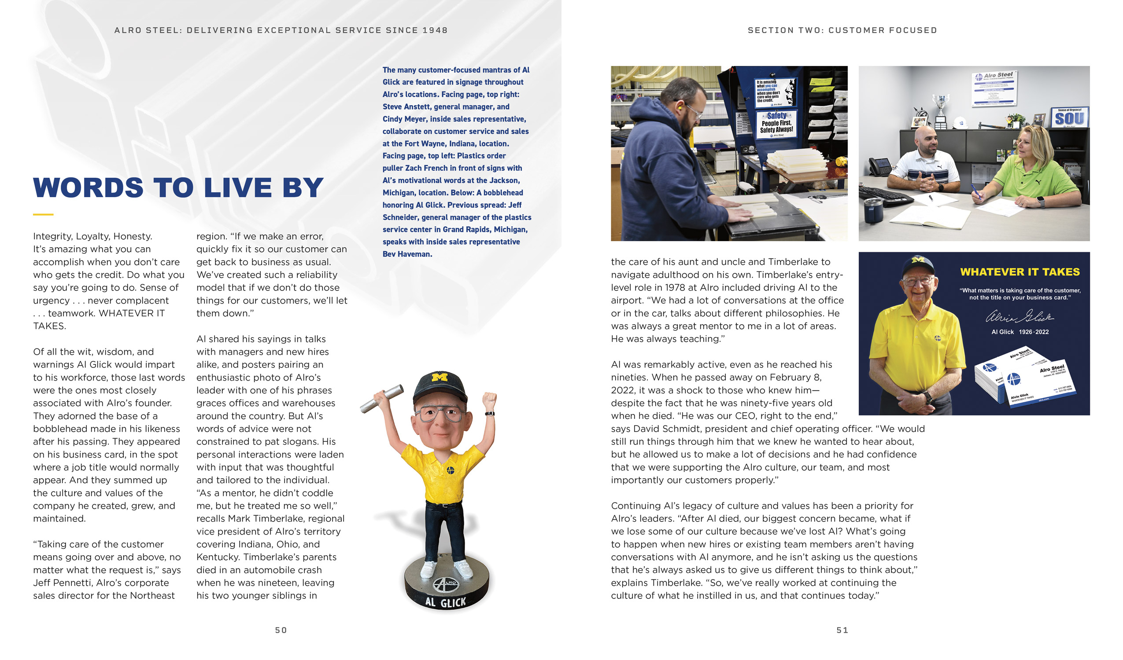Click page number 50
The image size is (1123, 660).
click(281, 630)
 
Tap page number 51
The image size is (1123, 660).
click(842, 630)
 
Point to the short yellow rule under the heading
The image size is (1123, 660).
click(43, 215)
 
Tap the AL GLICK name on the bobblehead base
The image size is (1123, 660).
click(445, 602)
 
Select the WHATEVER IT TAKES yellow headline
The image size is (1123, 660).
click(1020, 272)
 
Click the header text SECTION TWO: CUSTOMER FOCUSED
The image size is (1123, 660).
click(842, 30)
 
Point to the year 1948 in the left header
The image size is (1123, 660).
click(435, 30)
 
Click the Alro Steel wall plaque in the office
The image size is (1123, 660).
click(994, 89)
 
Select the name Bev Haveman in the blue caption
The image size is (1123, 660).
click(407, 254)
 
